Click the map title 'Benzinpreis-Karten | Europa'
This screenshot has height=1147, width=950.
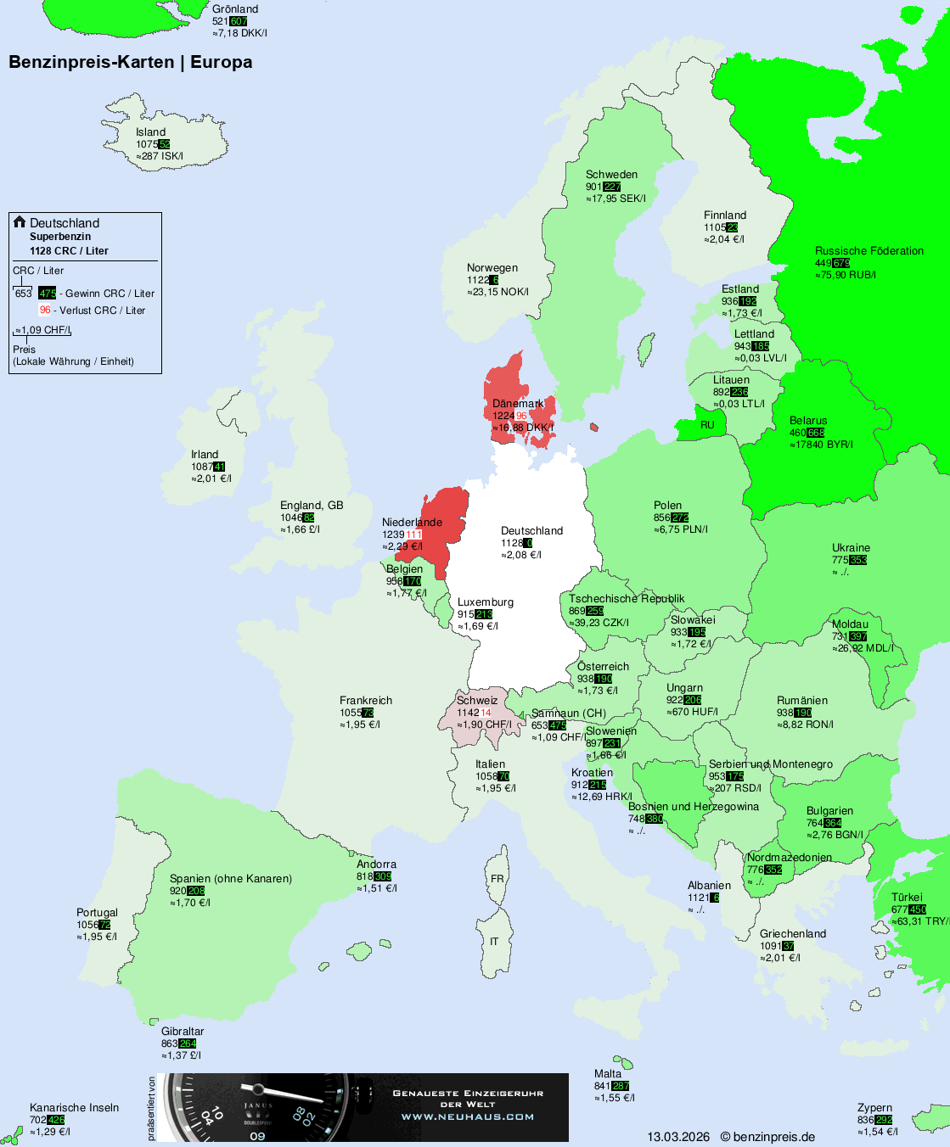tap(130, 62)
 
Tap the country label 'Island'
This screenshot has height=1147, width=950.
tap(151, 132)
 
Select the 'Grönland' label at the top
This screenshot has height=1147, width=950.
tap(235, 9)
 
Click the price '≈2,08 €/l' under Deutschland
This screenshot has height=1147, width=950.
tap(521, 555)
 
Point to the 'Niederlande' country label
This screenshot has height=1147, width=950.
tap(412, 523)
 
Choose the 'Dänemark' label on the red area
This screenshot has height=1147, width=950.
tap(518, 404)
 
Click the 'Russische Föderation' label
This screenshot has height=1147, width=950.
tap(868, 251)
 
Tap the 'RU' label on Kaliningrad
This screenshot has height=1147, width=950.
tap(707, 425)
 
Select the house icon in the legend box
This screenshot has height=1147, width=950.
tap(20, 222)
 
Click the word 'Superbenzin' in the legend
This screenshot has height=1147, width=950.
tap(60, 237)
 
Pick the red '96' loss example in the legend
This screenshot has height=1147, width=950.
tap(45, 311)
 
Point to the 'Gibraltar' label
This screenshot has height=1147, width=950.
tap(183, 1032)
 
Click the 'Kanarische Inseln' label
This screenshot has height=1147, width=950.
tap(74, 1108)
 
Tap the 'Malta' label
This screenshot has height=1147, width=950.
tap(608, 1074)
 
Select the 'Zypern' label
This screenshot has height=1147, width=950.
tap(874, 1108)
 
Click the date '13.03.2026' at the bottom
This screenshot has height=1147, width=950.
tap(678, 1137)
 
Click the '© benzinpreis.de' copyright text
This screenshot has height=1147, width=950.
tap(767, 1137)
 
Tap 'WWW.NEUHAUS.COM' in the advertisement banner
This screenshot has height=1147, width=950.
tap(468, 1116)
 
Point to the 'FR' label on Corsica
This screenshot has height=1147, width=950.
tap(497, 879)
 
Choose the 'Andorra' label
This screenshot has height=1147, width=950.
tap(376, 864)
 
